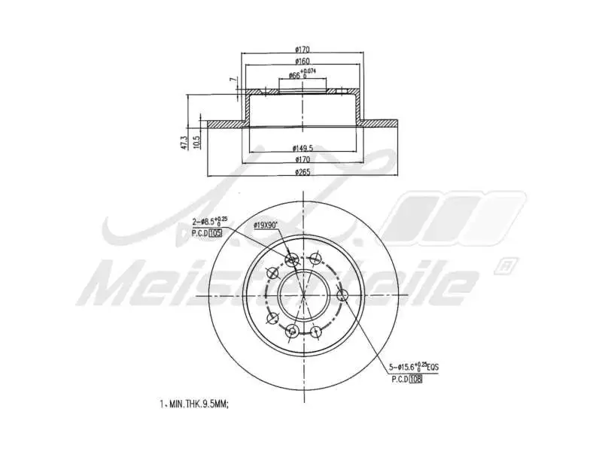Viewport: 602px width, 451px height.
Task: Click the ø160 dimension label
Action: tap(303, 61)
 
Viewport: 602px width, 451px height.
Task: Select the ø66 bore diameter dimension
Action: tap(294, 76)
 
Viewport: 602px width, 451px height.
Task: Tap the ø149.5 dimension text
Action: tap(303, 148)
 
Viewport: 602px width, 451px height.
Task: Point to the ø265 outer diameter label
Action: tap(303, 171)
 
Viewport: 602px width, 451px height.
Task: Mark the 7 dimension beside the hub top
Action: tap(233, 80)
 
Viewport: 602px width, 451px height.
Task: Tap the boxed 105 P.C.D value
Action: tap(216, 234)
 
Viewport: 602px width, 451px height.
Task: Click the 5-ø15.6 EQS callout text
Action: tap(413, 368)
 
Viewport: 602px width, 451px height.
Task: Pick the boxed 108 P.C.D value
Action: tap(415, 380)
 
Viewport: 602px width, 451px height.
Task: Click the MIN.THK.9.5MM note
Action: tap(193, 404)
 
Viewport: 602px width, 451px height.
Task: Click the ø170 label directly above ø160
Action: tap(303, 50)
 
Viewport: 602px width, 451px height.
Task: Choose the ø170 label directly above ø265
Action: tap(303, 159)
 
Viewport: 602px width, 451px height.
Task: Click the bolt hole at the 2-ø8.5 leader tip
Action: tap(292, 260)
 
